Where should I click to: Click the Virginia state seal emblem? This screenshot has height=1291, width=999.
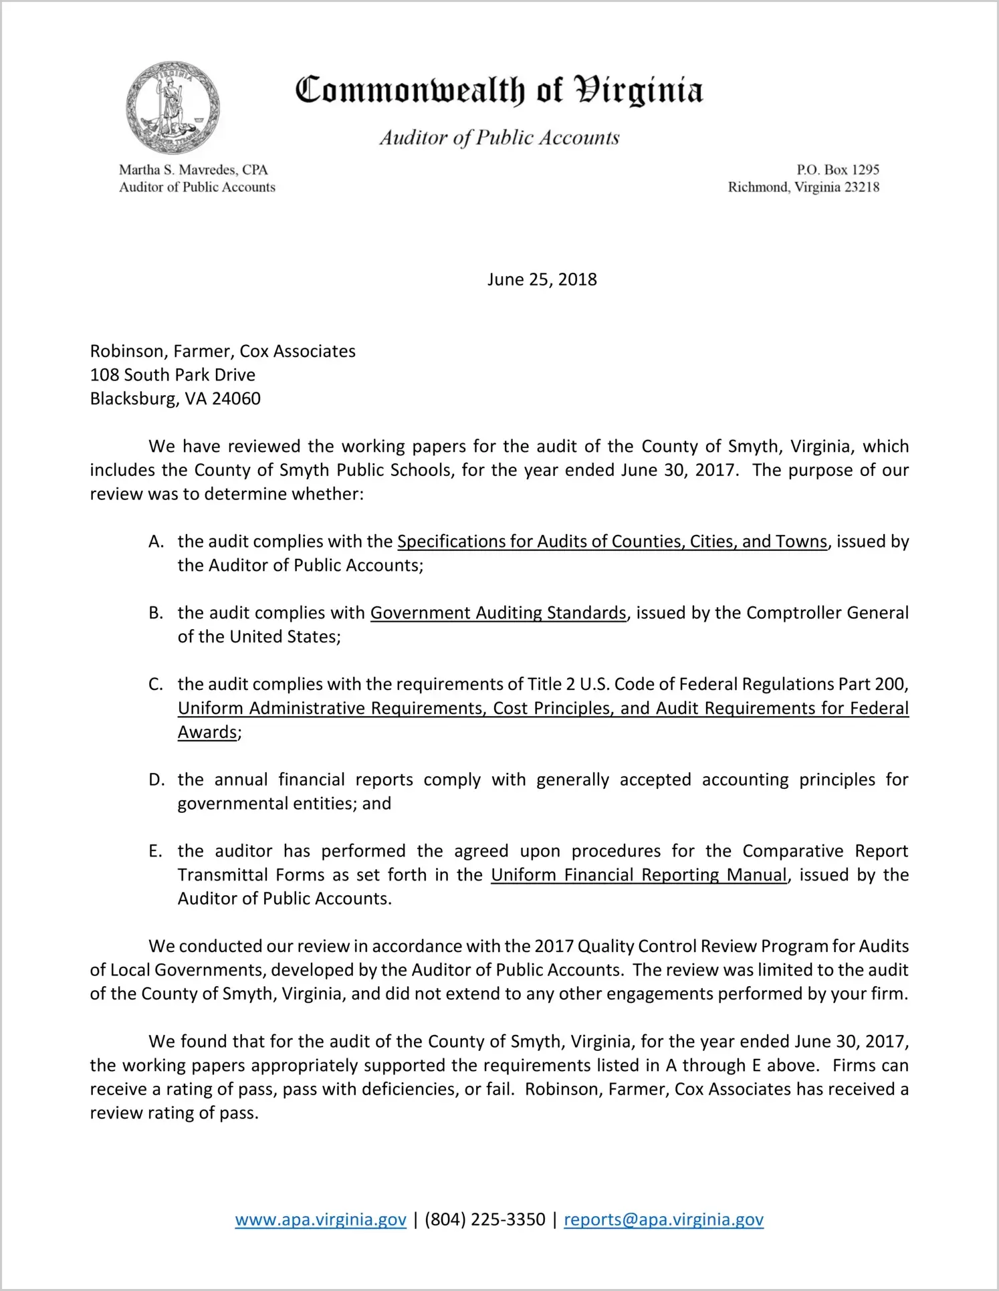pos(173,107)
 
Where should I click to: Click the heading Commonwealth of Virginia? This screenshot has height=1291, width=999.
pos(499,90)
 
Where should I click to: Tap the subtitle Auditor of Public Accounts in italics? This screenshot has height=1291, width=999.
pos(499,138)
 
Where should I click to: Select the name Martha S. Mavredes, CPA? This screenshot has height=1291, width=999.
pos(193,170)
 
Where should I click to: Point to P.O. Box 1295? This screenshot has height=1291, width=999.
pos(837,170)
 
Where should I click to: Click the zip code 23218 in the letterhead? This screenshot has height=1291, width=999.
pos(862,187)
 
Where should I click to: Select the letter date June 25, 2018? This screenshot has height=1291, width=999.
pos(542,279)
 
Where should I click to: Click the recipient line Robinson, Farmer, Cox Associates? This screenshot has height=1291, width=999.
pos(223,352)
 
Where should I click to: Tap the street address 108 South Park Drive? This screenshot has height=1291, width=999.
pos(173,375)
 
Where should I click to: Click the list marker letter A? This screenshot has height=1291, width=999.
pos(156,542)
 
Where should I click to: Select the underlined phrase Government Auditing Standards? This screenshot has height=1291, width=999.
pos(498,613)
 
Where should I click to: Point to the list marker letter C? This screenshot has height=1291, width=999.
pos(156,685)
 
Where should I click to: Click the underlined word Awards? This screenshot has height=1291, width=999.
pos(207,733)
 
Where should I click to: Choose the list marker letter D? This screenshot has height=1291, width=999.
pos(156,780)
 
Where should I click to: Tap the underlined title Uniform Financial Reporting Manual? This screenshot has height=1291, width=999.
pos(639,875)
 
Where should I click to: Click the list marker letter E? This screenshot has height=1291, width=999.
pos(155,852)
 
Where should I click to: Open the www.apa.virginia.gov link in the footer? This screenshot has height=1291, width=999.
pos(320,1219)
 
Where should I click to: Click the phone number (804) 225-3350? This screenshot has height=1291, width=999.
pos(485,1219)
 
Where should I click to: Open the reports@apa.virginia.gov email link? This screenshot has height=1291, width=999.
pos(663,1219)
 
